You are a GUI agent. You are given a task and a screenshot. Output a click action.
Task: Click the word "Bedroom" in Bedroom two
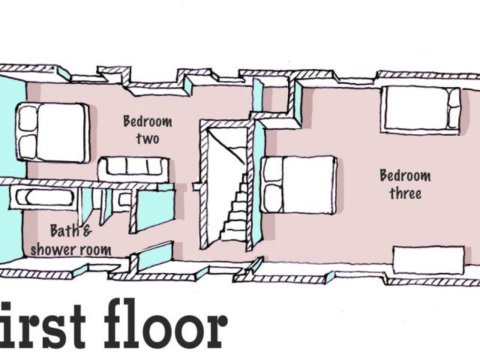[147, 121]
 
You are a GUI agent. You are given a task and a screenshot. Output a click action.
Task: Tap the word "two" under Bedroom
[147, 139]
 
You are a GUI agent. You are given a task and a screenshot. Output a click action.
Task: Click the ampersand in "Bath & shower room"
[85, 231]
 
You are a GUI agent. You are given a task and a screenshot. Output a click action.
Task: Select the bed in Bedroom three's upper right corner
[420, 109]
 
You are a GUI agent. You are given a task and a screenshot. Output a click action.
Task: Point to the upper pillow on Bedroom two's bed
[28, 118]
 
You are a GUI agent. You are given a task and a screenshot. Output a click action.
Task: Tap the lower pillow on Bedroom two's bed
[28, 145]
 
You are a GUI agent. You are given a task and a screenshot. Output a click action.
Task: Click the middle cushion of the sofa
[136, 166]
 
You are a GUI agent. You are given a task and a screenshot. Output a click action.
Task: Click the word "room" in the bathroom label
[97, 250]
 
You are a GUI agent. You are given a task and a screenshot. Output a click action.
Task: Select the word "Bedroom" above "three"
[405, 176]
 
